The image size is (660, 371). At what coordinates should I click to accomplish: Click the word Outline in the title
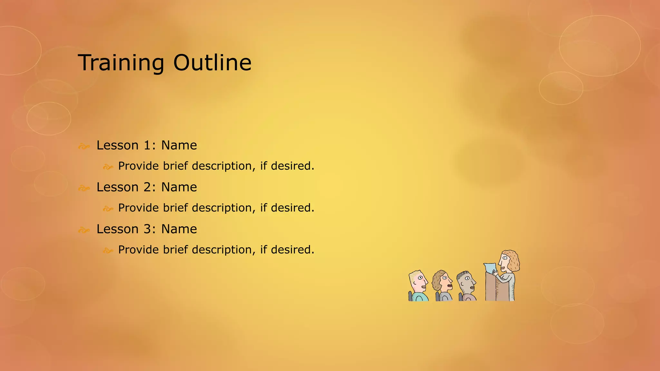point(212,63)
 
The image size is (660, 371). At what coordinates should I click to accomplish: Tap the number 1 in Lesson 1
point(147,146)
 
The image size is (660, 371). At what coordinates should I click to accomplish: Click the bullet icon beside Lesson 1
point(84,147)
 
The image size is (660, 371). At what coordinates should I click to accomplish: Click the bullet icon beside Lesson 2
point(84,188)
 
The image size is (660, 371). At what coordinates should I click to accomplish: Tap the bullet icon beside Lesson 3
point(84,230)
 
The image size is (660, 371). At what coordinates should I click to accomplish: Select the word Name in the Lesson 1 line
point(179,146)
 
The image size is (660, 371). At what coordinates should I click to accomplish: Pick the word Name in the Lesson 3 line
point(179,229)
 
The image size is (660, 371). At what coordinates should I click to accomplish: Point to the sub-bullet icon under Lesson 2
point(108,209)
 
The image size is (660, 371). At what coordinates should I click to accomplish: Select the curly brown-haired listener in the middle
point(442,282)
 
